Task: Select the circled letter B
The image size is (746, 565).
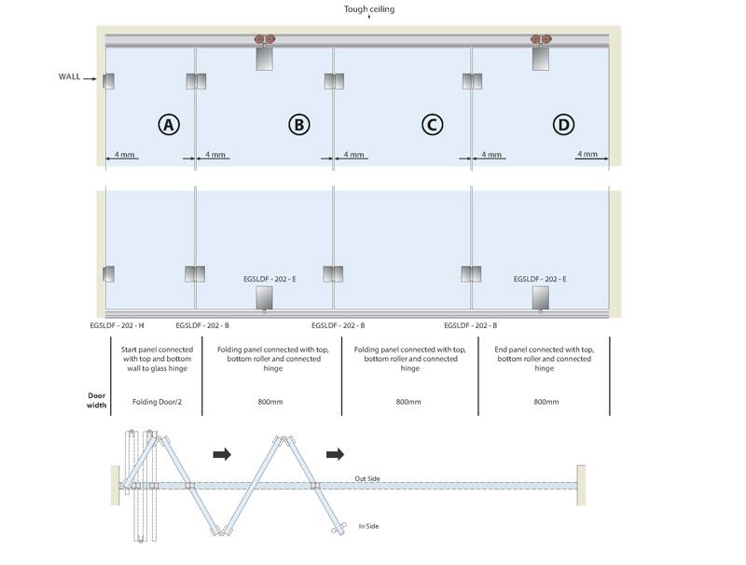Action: (298, 124)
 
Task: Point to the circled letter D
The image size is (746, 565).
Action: (563, 124)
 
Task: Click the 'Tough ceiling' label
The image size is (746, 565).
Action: (370, 8)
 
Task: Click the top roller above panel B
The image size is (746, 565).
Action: (266, 41)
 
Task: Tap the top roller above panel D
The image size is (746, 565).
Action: (542, 41)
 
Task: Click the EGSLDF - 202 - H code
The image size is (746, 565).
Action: (117, 325)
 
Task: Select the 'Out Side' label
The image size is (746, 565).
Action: (367, 479)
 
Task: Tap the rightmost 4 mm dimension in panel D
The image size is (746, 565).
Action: (587, 154)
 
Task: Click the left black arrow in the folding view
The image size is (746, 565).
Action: (222, 454)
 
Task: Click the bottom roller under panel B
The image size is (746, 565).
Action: (265, 298)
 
